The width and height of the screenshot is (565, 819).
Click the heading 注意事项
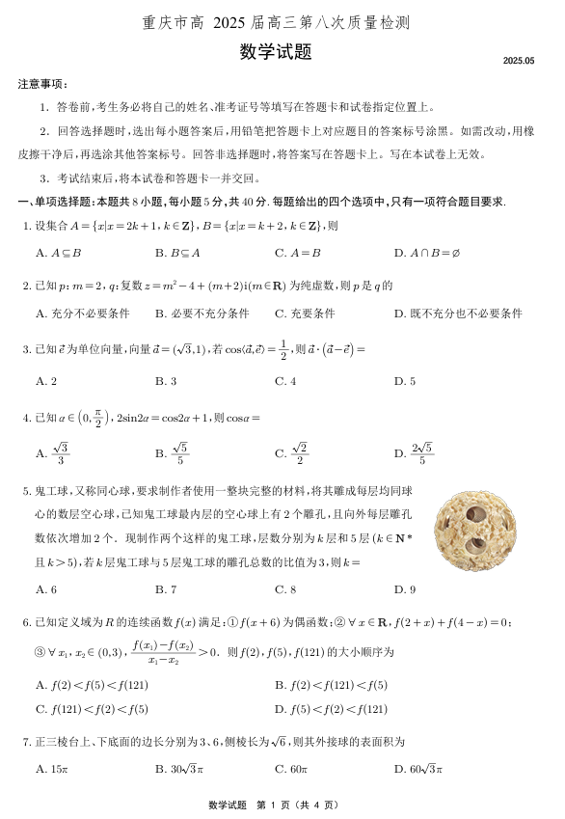tap(41, 85)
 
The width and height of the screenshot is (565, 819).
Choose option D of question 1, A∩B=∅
tap(427, 254)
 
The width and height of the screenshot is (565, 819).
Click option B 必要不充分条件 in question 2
tap(202, 314)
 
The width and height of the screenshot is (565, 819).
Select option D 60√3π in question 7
tap(417, 769)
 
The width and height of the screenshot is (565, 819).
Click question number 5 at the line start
tap(26, 492)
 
